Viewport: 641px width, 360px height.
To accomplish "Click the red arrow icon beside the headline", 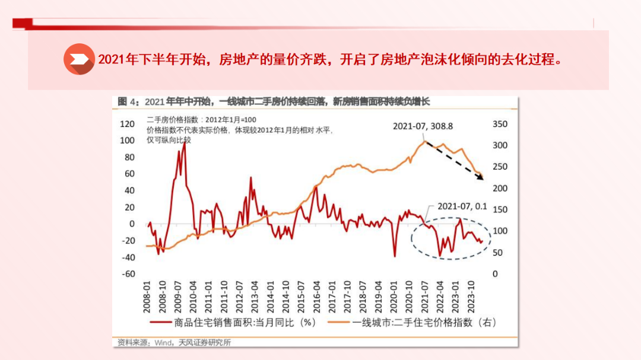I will point(79,59).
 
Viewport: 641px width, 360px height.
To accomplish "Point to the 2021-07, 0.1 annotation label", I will point(462,206).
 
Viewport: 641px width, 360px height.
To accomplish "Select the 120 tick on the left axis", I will point(128,124).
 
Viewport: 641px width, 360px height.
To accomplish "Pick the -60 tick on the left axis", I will point(128,274).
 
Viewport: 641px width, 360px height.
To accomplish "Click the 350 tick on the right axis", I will point(500,124).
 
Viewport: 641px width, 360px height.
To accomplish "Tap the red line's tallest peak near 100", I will point(184,142).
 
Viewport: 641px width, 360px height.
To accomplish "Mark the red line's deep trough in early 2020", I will point(395,256).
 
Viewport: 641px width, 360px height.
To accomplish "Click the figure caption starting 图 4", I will point(273,101).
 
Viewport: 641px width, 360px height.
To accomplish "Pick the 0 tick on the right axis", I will point(496,274).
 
